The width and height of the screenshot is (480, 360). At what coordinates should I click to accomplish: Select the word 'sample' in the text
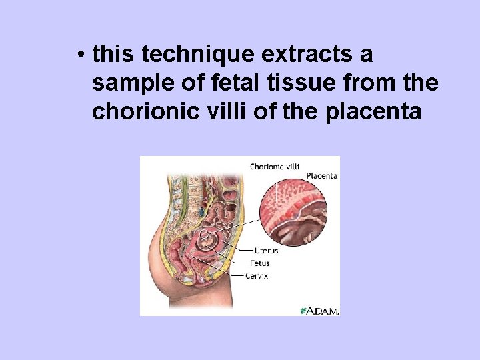click(x=128, y=83)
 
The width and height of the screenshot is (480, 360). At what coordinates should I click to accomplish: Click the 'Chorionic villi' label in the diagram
click(x=274, y=166)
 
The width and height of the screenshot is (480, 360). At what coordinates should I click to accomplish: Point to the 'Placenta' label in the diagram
click(x=321, y=176)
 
